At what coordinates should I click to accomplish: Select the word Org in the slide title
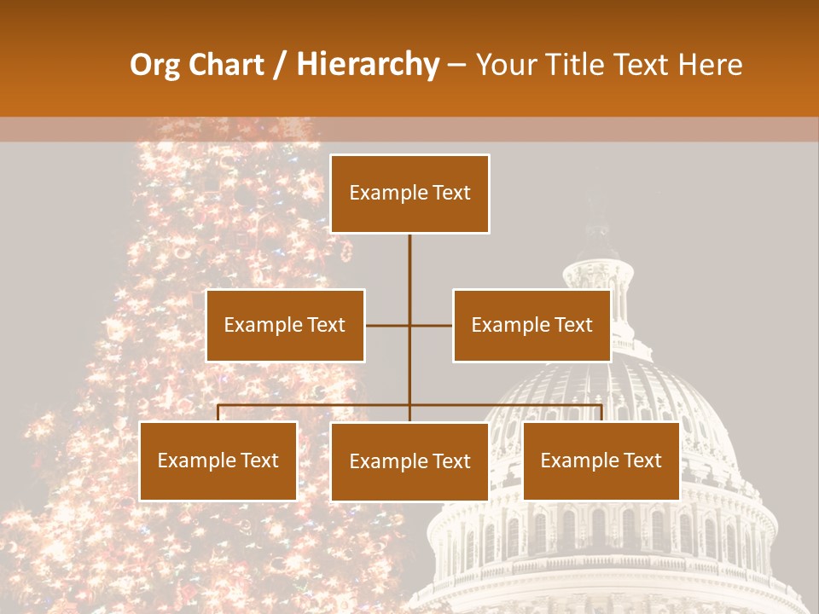pyautogui.click(x=156, y=65)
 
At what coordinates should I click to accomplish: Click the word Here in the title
pyautogui.click(x=710, y=65)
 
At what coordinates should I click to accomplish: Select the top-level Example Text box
pyautogui.click(x=409, y=194)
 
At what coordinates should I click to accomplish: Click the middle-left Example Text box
pyautogui.click(x=285, y=325)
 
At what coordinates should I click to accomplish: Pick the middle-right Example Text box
pyautogui.click(x=531, y=325)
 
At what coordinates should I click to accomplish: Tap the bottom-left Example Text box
pyautogui.click(x=218, y=460)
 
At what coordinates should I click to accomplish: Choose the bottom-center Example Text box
pyautogui.click(x=409, y=461)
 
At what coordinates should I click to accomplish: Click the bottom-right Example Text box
pyautogui.click(x=601, y=460)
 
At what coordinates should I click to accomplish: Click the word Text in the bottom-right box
pyautogui.click(x=642, y=460)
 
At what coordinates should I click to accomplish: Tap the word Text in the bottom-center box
pyautogui.click(x=450, y=461)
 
